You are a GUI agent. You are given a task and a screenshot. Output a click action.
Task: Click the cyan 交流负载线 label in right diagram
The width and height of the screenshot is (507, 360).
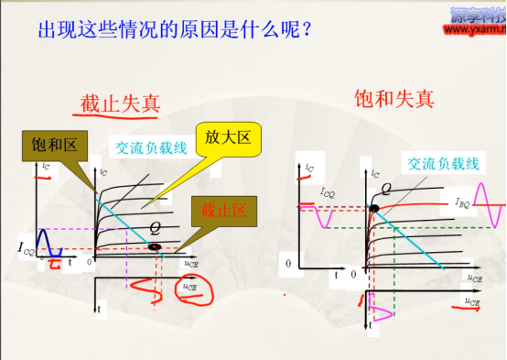tap(443, 163)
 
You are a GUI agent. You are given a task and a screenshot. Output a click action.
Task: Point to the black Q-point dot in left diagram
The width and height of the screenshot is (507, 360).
tap(155, 246)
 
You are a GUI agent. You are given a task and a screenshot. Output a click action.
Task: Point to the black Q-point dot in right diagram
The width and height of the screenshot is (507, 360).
tap(374, 209)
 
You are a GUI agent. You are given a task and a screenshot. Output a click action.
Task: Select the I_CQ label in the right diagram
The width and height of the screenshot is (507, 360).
tap(329, 194)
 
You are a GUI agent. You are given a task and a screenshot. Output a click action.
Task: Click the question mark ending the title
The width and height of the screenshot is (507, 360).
tap(307, 31)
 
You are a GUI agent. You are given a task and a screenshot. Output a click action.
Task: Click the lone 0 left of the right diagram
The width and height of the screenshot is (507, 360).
tap(288, 263)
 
